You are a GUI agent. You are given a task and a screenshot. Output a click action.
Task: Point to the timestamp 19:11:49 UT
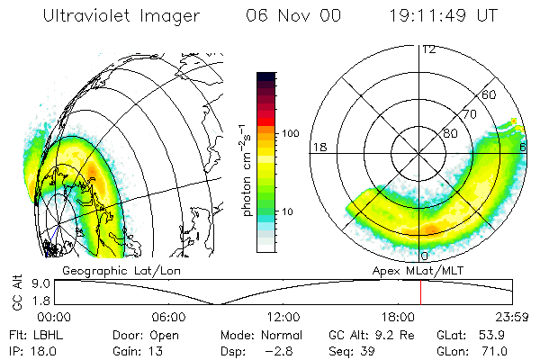pyautogui.click(x=446, y=15)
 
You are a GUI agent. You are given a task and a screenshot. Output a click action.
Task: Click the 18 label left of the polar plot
pyautogui.click(x=318, y=147)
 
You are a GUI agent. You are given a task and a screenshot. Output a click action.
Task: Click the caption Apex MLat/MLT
pyautogui.click(x=412, y=270)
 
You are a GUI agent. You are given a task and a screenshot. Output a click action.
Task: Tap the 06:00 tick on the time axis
pyautogui.click(x=168, y=317)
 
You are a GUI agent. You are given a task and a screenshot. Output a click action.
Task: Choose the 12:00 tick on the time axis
pyautogui.click(x=283, y=317)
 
